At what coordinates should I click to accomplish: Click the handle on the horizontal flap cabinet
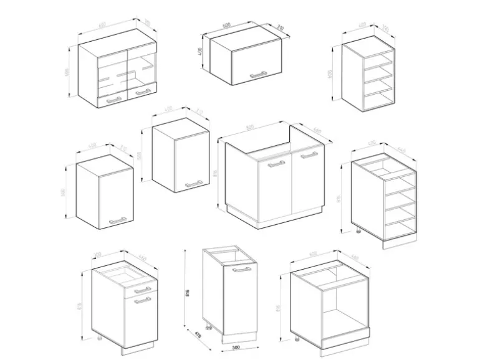[x=258, y=75]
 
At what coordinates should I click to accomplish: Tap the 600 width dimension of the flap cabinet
[x=226, y=26]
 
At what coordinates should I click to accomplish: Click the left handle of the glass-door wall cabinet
[x=114, y=98]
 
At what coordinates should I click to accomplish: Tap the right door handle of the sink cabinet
[x=308, y=156]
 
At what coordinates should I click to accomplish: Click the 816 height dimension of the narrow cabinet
[x=186, y=293]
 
